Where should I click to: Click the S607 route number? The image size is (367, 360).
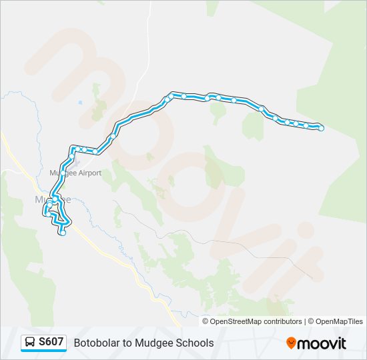[51, 342]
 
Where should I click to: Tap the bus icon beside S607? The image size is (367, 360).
[31, 343]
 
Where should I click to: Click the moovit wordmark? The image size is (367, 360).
[322, 343]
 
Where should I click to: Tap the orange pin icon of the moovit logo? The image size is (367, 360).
[291, 343]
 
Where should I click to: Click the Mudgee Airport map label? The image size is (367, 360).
[75, 173]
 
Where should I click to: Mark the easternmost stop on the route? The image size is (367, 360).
[321, 128]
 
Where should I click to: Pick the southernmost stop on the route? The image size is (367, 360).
[63, 233]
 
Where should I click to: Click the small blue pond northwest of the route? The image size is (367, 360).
[80, 102]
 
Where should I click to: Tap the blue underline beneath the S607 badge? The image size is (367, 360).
[43, 351]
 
